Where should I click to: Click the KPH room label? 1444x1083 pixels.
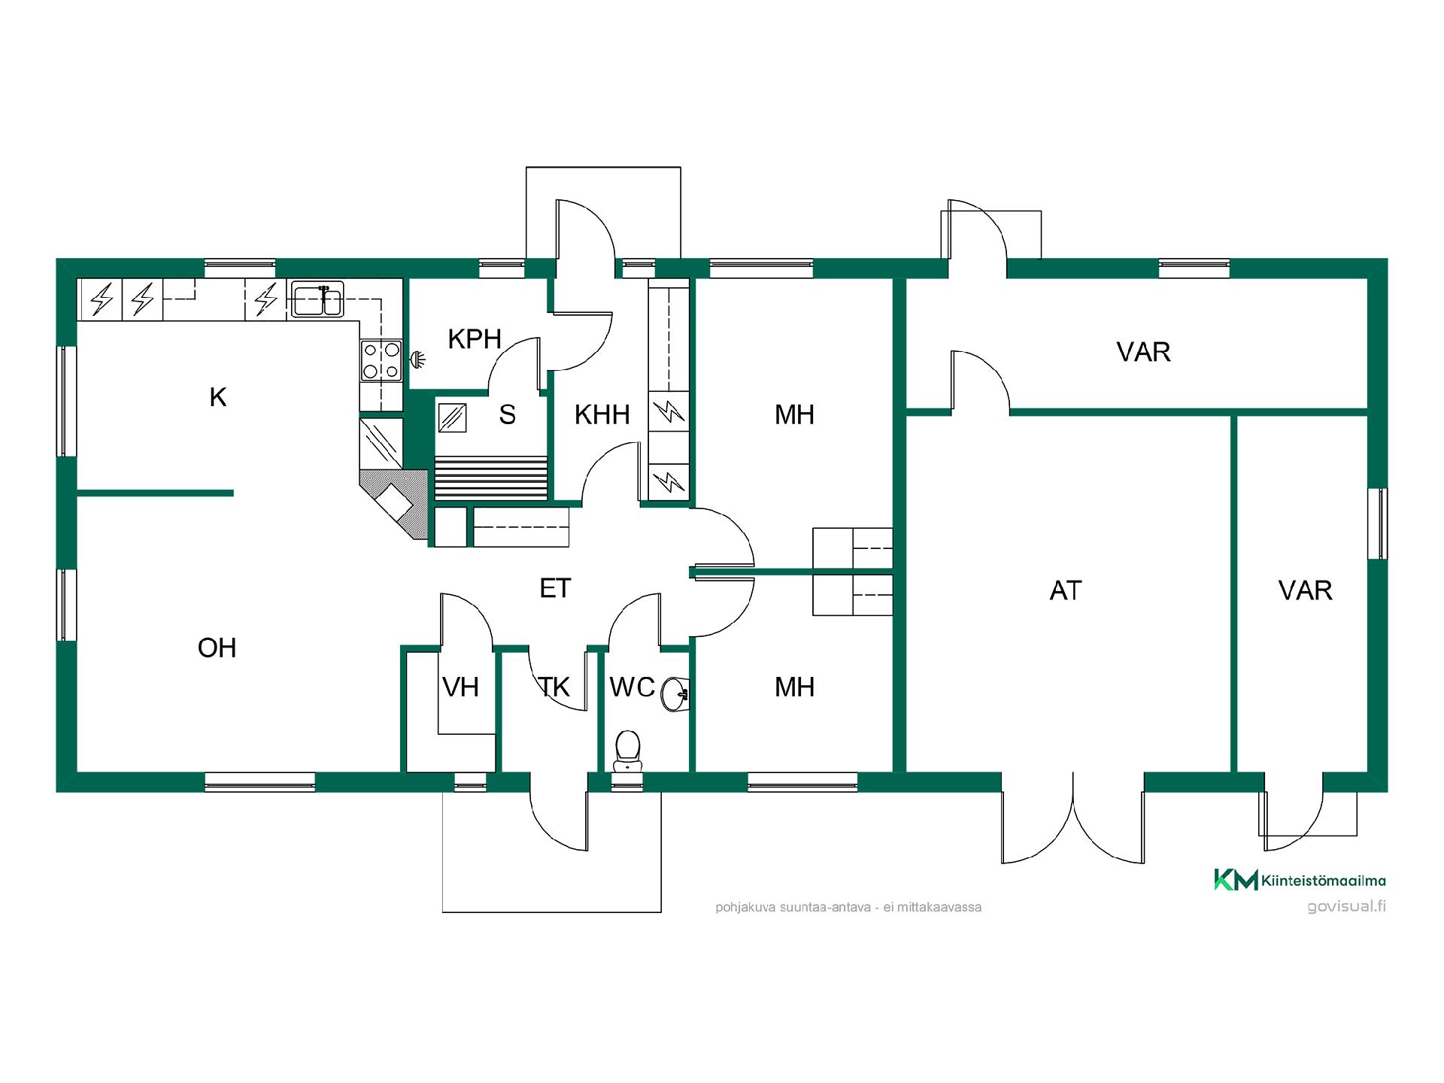click(475, 339)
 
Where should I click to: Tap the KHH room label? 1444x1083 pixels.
click(602, 414)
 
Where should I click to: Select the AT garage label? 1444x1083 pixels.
click(1066, 590)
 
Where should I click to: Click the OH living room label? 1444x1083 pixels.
click(217, 648)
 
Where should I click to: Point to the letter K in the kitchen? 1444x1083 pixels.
click(218, 397)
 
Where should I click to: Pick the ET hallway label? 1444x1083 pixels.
click(555, 588)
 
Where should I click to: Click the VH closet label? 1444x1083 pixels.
click(460, 687)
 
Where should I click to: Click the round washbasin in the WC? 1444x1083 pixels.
click(675, 693)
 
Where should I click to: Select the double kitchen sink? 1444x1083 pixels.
click(317, 299)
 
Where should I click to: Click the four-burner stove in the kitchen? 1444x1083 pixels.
click(381, 360)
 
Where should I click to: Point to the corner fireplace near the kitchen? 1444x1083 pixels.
click(394, 502)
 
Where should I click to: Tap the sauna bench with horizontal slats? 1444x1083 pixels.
click(491, 478)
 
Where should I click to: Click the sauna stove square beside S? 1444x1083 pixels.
click(452, 417)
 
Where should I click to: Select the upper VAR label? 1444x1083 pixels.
click(1143, 352)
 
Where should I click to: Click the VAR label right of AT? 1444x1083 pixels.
click(1305, 590)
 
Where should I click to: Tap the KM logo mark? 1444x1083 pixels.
click(1236, 879)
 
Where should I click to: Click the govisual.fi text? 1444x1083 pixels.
click(1346, 906)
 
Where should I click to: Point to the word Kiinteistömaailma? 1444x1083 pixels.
click(1324, 881)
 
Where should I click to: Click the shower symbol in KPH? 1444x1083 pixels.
click(417, 359)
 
